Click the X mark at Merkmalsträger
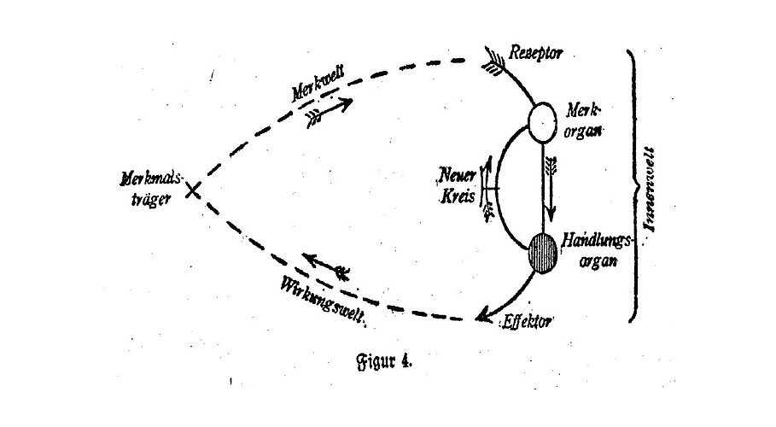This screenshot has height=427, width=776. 194,191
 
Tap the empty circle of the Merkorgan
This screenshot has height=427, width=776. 540,122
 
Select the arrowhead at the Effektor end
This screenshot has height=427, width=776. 484,318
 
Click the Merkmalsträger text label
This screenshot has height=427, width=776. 145,189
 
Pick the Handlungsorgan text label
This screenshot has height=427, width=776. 598,249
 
